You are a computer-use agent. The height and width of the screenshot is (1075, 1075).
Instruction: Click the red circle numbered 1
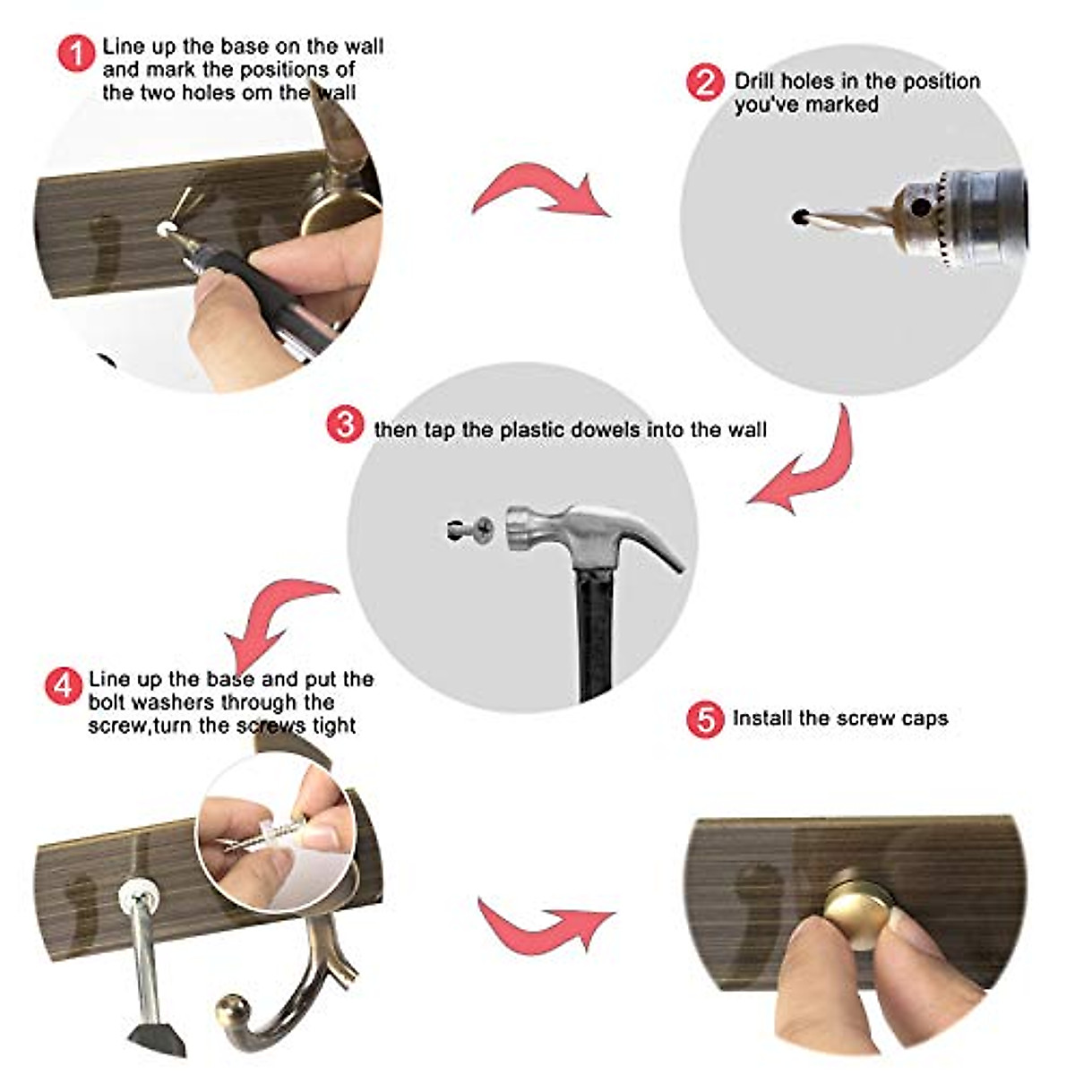point(76,53)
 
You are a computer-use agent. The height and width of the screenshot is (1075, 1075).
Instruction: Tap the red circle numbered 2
point(706,83)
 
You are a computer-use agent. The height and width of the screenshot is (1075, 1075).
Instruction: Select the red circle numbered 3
point(345,425)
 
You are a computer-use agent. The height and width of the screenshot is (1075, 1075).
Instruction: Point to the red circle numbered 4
point(64,685)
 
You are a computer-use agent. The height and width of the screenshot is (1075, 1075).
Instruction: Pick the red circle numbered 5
point(706,719)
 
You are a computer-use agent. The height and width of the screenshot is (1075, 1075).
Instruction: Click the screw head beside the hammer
point(483,529)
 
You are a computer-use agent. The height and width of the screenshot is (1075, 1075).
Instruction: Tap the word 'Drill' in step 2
point(754,82)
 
